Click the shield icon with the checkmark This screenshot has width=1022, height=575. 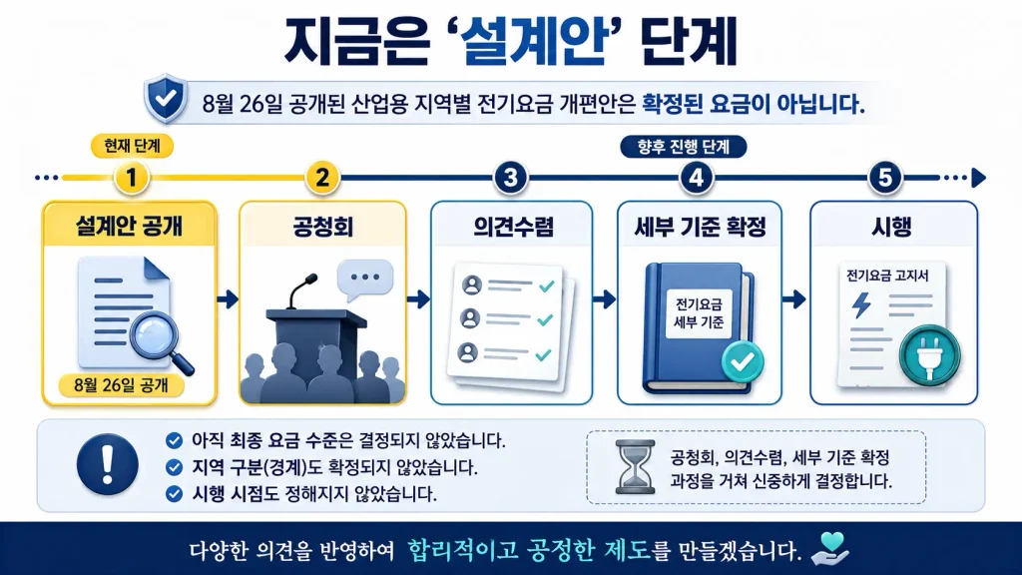click(x=166, y=99)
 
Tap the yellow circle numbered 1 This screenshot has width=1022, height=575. click(x=131, y=178)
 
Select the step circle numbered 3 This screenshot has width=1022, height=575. click(x=510, y=178)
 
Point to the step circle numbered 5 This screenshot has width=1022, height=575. click(x=884, y=178)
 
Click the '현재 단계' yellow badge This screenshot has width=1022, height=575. click(x=132, y=146)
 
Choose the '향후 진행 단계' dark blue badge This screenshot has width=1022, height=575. click(x=683, y=147)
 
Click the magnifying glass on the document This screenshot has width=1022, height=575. click(x=160, y=341)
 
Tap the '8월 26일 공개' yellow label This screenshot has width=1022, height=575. click(x=121, y=385)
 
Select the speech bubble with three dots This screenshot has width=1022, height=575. click(x=365, y=280)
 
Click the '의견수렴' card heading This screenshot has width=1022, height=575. click(x=513, y=227)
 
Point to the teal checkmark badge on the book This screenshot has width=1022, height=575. click(x=743, y=361)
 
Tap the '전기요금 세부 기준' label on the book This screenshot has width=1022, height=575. click(x=699, y=313)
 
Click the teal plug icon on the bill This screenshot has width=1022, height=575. click(x=929, y=356)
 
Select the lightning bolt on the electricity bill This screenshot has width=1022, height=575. click(x=862, y=304)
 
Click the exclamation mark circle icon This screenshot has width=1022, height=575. click(x=108, y=465)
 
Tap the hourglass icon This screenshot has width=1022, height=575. click(x=635, y=467)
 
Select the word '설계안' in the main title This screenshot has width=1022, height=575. click(x=535, y=42)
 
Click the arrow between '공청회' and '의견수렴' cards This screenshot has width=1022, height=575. click(x=418, y=299)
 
